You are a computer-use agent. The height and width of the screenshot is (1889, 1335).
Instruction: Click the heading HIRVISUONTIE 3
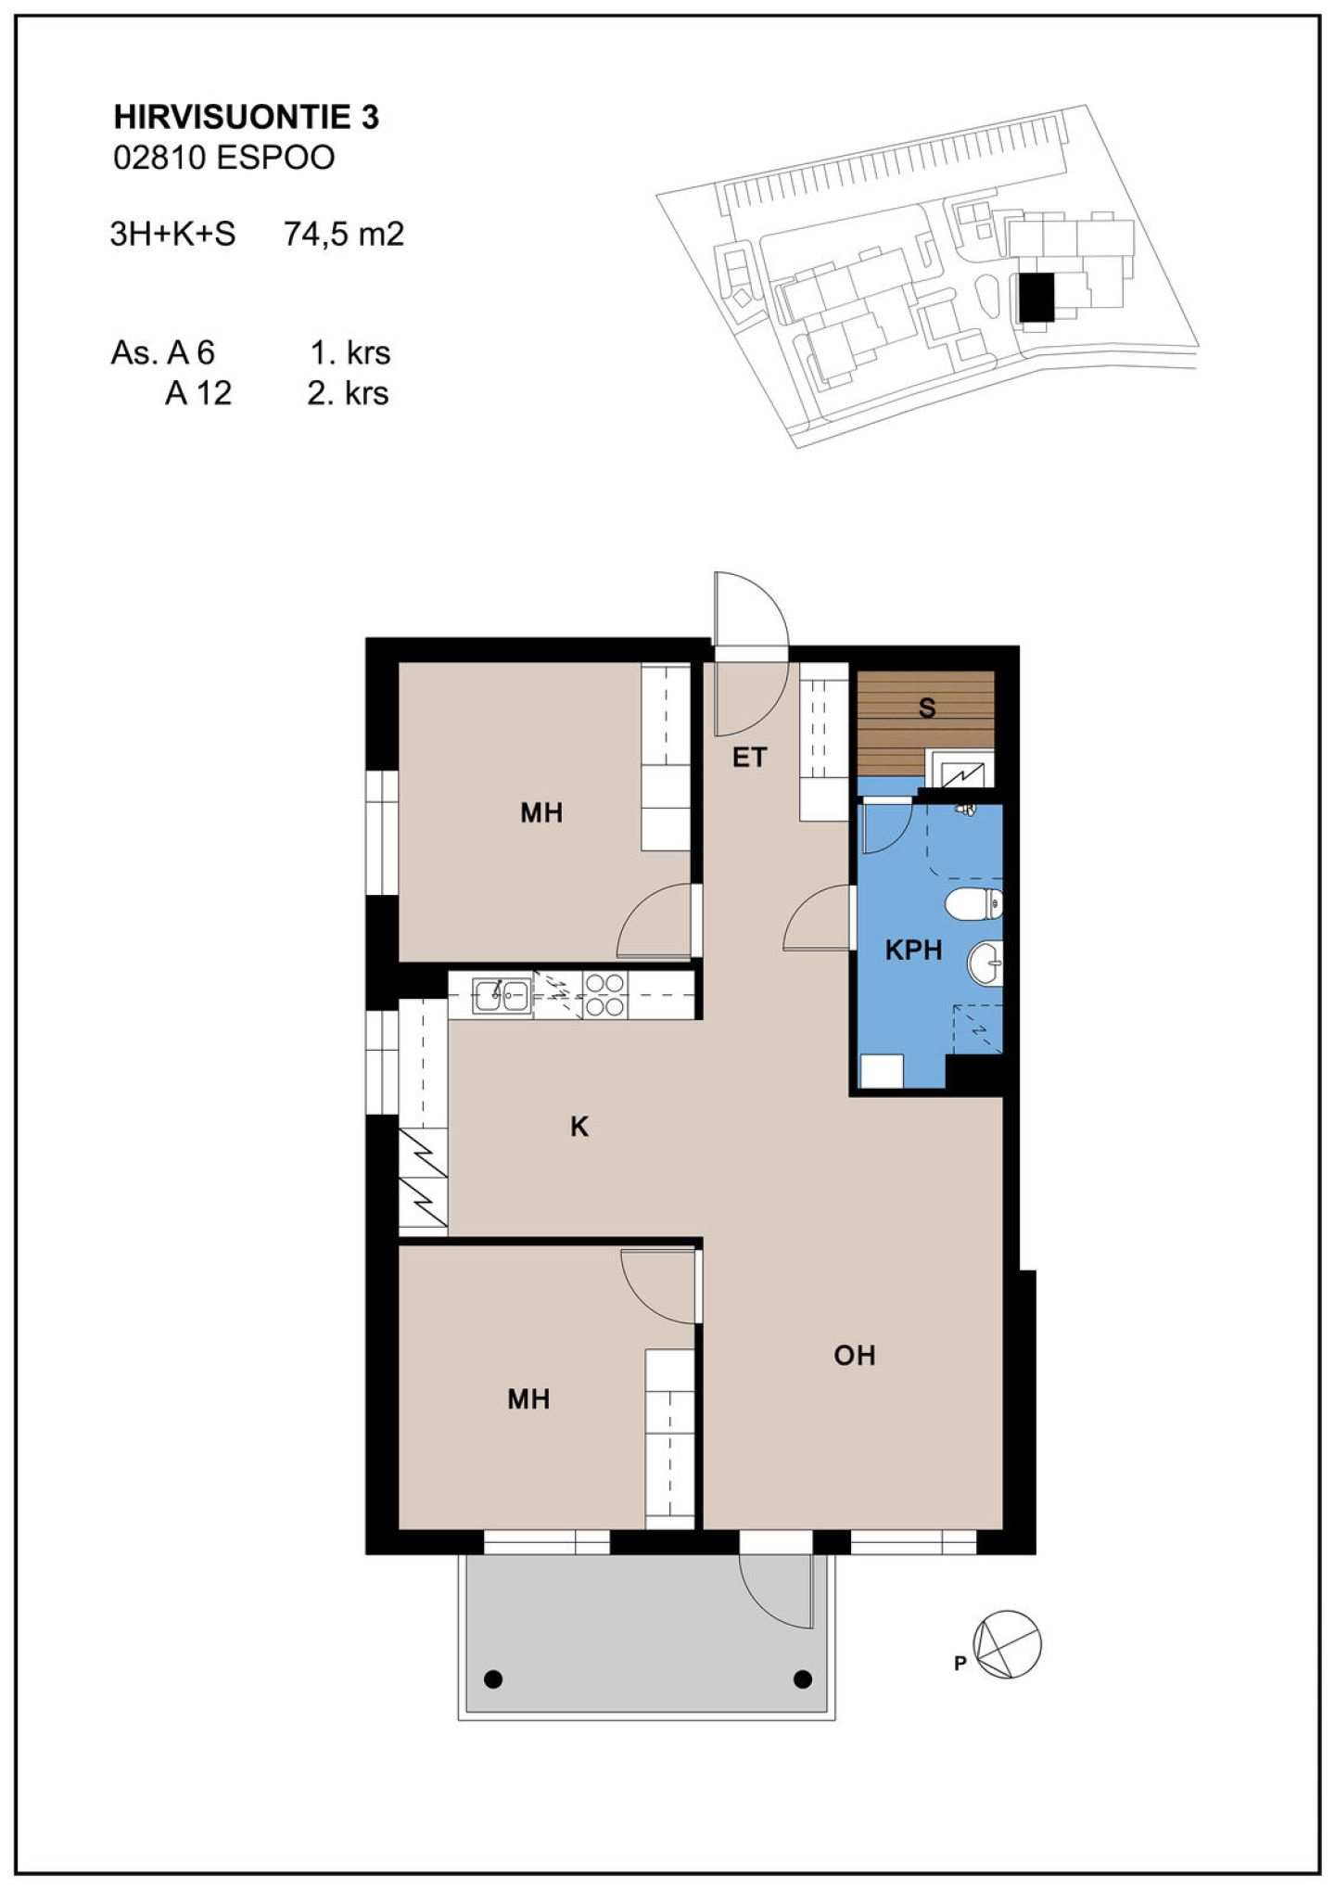click(x=247, y=117)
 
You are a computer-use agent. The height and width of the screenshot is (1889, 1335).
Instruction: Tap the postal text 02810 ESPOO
click(x=223, y=158)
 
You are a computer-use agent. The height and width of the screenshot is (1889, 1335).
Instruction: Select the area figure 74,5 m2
click(x=344, y=234)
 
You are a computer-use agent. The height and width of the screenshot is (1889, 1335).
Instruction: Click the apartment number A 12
click(x=198, y=393)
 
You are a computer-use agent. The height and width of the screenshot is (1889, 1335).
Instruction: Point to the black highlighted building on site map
click(x=1036, y=297)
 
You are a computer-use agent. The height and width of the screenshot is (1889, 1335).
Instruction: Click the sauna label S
click(x=927, y=708)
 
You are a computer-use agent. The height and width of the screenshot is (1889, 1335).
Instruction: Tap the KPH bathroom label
click(x=913, y=950)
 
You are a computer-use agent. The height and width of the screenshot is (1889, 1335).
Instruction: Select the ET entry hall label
click(x=749, y=758)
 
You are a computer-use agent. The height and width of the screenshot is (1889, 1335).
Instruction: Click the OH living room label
click(x=854, y=1356)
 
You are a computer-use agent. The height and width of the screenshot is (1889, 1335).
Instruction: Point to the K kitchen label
click(x=579, y=1127)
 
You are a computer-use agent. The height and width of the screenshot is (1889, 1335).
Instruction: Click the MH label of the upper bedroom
click(x=541, y=813)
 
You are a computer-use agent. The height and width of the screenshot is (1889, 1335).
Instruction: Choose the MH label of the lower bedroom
click(x=528, y=1398)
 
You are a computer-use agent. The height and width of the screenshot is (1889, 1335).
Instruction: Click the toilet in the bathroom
click(x=973, y=903)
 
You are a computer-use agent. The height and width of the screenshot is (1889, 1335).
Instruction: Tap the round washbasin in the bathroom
click(x=985, y=964)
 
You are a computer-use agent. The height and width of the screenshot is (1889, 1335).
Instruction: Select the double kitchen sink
click(x=502, y=995)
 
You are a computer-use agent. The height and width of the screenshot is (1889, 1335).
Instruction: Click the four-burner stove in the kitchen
click(x=604, y=995)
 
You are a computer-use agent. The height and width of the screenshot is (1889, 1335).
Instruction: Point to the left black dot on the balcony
click(x=493, y=1678)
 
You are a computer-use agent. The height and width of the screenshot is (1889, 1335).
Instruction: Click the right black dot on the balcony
click(x=803, y=1678)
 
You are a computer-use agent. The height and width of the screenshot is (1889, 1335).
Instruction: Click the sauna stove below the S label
click(x=960, y=770)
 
